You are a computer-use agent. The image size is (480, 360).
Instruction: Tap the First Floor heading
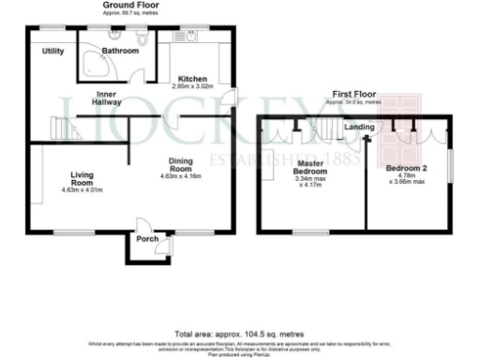pyautogui.click(x=353, y=96)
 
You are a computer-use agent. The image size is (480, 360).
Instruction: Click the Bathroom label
pyautogui.click(x=121, y=51)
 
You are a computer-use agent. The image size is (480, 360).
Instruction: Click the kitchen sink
pyautogui.click(x=188, y=38)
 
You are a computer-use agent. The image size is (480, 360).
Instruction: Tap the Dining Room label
pyautogui.click(x=181, y=166)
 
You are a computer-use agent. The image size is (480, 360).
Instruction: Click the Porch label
pyautogui.click(x=147, y=237)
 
